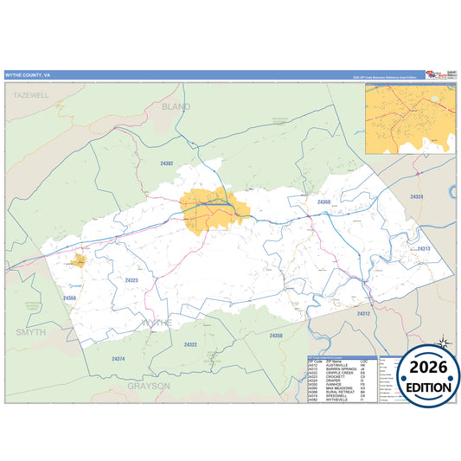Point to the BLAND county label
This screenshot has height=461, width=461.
(x=176, y=106)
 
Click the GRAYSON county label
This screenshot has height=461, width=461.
(x=150, y=386)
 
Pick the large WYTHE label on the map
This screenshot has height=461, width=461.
(x=157, y=322)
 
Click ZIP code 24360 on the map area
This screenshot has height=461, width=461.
(x=323, y=202)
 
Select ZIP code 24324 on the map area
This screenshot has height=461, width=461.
(x=418, y=197)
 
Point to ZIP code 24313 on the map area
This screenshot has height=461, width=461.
(x=424, y=248)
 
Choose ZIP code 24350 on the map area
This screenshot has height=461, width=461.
(x=276, y=335)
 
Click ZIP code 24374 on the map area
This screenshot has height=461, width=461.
(x=118, y=358)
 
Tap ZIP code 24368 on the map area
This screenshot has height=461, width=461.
(x=70, y=298)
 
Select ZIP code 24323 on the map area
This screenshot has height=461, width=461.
(x=131, y=280)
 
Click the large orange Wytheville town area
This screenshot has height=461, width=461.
(x=214, y=210)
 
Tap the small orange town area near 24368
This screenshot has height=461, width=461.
(x=79, y=259)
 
